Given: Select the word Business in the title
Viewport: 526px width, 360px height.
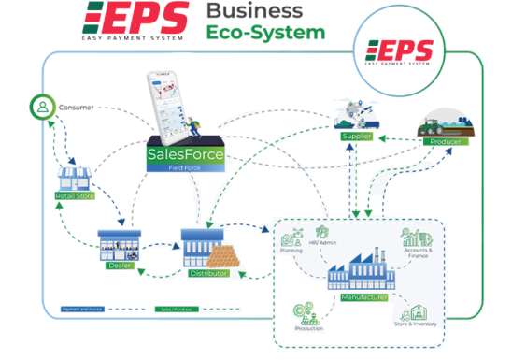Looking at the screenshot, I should [254, 12].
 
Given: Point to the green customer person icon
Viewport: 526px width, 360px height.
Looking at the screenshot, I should [40, 107].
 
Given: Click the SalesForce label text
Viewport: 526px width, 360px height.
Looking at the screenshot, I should [182, 154].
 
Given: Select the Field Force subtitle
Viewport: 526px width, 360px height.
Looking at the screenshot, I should [182, 166].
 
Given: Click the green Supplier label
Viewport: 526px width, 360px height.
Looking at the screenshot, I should [358, 137].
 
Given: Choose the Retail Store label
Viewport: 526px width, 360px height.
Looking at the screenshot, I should [73, 195].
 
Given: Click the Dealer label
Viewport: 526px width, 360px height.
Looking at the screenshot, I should [118, 265].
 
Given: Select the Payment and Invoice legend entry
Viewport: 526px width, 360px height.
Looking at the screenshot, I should [81, 307].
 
